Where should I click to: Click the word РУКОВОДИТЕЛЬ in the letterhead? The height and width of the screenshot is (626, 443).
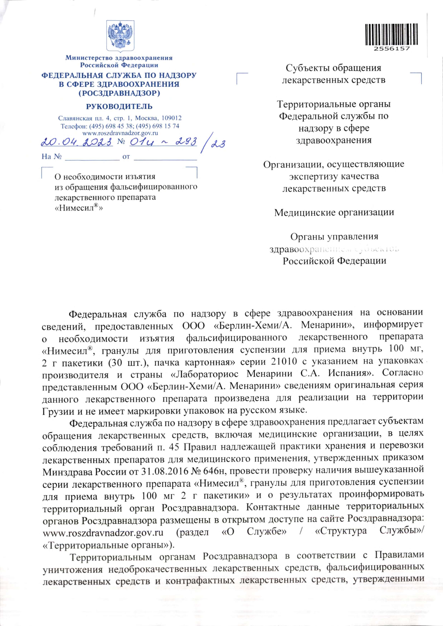(x=119, y=106)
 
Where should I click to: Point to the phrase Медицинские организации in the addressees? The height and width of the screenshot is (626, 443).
(x=334, y=212)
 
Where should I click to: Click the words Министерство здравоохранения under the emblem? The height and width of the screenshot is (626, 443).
(x=119, y=58)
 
